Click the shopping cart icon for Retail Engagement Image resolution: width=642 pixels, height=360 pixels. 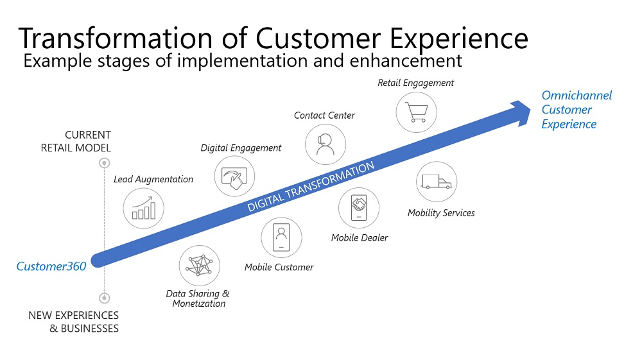pyautogui.click(x=416, y=112)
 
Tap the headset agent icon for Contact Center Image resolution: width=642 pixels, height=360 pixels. pyautogui.click(x=325, y=144)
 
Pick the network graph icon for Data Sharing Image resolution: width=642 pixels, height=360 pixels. pyautogui.click(x=200, y=266)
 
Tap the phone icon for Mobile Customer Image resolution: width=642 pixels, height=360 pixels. pyautogui.click(x=281, y=237)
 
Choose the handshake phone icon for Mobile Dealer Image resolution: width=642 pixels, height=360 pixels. pyautogui.click(x=359, y=209)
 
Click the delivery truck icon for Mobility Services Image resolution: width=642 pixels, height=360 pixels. pyautogui.click(x=437, y=182)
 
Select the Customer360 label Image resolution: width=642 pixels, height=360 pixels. pyautogui.click(x=51, y=266)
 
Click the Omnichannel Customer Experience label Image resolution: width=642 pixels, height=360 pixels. pyautogui.click(x=576, y=110)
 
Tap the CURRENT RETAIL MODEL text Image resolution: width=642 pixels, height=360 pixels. pyautogui.click(x=76, y=141)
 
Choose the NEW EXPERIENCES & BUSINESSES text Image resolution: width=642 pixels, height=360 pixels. pyautogui.click(x=74, y=321)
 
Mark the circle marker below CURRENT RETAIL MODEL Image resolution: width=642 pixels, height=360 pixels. pyautogui.click(x=104, y=164)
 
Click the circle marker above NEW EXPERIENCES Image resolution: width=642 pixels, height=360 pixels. pyautogui.click(x=104, y=298)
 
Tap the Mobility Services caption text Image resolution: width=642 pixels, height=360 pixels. pyautogui.click(x=441, y=213)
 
